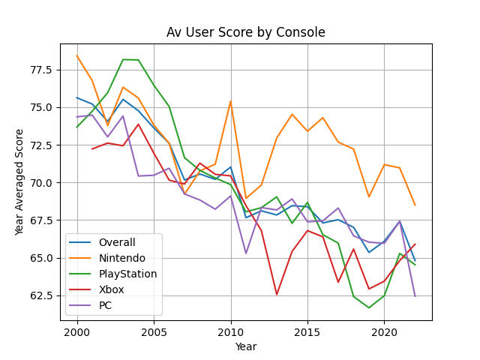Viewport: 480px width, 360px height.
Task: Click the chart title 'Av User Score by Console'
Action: pyautogui.click(x=245, y=32)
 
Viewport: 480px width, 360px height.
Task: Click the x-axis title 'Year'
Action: pyautogui.click(x=245, y=346)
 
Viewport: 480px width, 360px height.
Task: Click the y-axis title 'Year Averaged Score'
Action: pyautogui.click(x=20, y=182)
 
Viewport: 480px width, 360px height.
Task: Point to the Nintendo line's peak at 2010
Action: pyautogui.click(x=230, y=100)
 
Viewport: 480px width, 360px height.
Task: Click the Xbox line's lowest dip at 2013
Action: pyautogui.click(x=277, y=295)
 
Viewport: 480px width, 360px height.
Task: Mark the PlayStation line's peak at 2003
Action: pyautogui.click(x=123, y=59)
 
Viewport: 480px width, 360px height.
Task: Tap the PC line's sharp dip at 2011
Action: pyautogui.click(x=246, y=253)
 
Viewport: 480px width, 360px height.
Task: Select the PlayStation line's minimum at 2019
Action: pyautogui.click(x=368, y=307)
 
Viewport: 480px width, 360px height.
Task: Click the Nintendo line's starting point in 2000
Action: pyautogui.click(x=76, y=55)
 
